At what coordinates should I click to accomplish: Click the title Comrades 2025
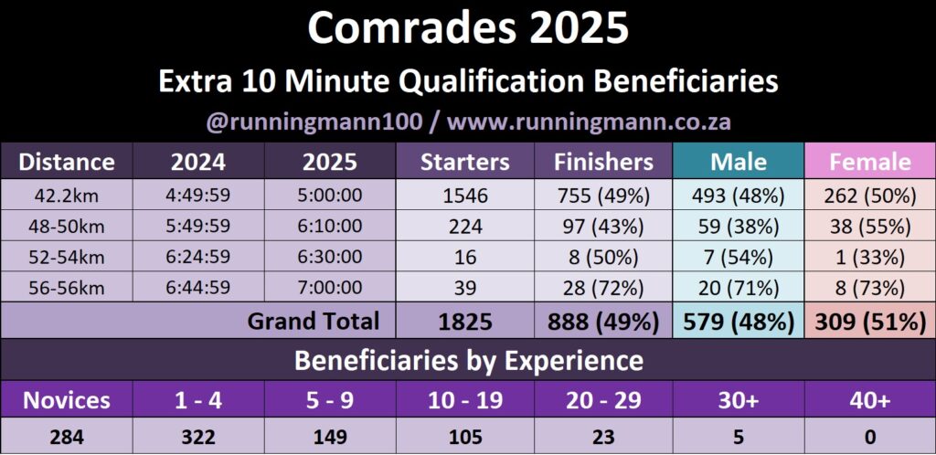point(468,28)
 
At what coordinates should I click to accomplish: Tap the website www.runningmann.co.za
point(589,122)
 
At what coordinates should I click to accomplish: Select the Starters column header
point(465,163)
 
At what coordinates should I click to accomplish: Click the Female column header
point(870,163)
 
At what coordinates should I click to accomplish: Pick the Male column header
point(739,163)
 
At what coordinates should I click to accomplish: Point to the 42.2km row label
point(67,195)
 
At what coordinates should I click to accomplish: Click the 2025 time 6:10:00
point(330,226)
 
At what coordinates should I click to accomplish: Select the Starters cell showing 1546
point(465,195)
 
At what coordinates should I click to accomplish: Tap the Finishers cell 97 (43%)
point(603,226)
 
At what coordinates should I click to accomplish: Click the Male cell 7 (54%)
point(739,257)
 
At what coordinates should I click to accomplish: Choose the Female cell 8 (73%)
point(870,288)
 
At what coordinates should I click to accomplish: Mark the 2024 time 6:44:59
point(198,288)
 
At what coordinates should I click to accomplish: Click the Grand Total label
point(313,322)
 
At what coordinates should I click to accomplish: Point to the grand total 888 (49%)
point(603,322)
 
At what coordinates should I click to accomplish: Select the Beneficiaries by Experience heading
point(469,361)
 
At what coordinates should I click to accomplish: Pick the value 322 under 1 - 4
point(198,437)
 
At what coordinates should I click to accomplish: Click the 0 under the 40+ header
point(870,437)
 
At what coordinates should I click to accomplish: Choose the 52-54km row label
point(67,257)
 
